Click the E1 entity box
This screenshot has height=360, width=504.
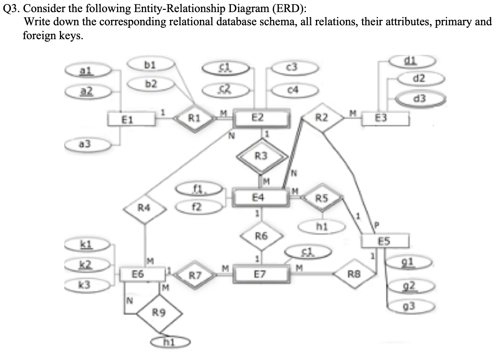(128, 119)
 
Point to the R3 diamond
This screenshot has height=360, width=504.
(261, 156)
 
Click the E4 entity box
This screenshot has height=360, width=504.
(258, 198)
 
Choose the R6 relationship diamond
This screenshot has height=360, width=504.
(261, 236)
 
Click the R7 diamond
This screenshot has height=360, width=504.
(195, 275)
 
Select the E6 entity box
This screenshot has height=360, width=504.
(138, 274)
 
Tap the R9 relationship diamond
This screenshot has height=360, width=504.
(159, 313)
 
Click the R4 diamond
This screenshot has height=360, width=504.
(144, 208)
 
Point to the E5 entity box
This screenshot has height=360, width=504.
(384, 241)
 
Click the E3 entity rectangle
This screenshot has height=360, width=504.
(381, 118)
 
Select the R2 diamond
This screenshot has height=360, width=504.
(322, 118)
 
